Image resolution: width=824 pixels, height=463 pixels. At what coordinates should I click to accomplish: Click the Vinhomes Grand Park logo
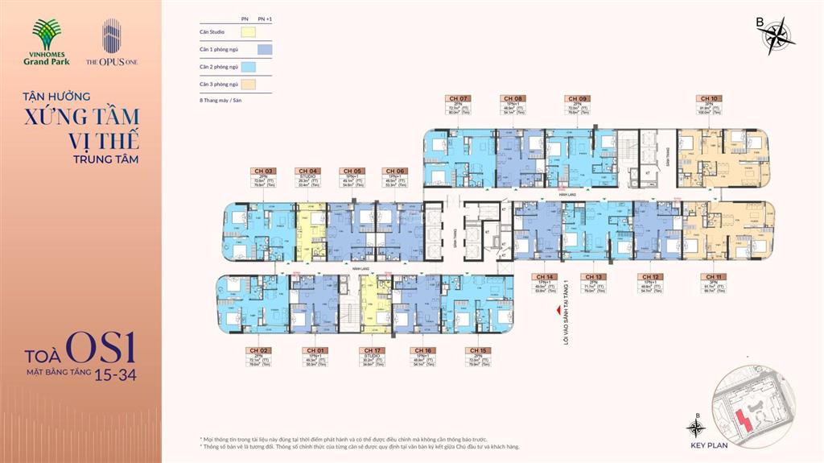pyautogui.click(x=54, y=45)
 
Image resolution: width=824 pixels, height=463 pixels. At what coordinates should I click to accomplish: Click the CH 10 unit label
pyautogui.click(x=710, y=98)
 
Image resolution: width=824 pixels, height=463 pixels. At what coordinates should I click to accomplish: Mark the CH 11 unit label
pyautogui.click(x=710, y=276)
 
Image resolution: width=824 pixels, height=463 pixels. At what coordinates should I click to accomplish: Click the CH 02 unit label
pyautogui.click(x=258, y=350)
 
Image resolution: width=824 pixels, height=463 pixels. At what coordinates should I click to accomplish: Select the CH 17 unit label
pyautogui.click(x=372, y=350)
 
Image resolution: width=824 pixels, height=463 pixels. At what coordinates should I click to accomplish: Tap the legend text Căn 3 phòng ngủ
pyautogui.click(x=219, y=84)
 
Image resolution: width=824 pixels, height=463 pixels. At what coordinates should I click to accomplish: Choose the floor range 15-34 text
pyautogui.click(x=117, y=375)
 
